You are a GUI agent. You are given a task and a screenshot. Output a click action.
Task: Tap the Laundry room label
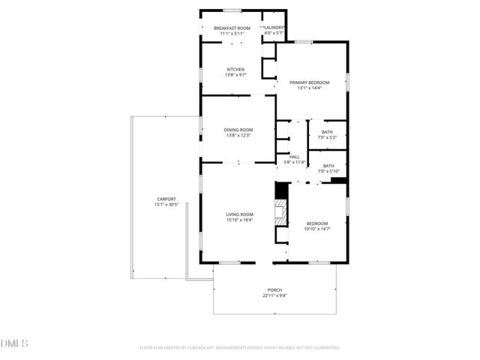[x=274, y=28]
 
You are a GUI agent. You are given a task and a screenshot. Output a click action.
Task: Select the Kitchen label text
[x=235, y=70]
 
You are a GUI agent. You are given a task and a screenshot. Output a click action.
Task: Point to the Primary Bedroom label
[x=309, y=82]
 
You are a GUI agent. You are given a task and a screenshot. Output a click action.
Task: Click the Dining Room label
[x=238, y=130]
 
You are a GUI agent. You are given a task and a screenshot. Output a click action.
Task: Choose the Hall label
[x=295, y=156]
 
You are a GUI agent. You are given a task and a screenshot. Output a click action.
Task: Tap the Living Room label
[x=240, y=214]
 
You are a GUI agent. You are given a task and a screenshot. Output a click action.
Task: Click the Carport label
[x=166, y=199]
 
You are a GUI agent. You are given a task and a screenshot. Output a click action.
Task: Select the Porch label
[x=275, y=290]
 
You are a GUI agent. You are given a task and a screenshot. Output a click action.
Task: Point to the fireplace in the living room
[x=280, y=212]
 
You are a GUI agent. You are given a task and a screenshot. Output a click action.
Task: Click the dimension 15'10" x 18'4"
[x=240, y=220]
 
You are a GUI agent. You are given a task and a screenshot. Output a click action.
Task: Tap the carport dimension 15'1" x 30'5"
[x=166, y=204]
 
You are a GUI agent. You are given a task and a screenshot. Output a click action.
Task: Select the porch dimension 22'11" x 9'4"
[x=275, y=295]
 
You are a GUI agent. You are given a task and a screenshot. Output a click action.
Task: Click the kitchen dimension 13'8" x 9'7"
[x=235, y=75]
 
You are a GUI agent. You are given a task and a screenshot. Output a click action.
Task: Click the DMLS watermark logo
[x=14, y=343]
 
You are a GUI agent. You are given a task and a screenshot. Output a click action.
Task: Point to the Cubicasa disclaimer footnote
[x=240, y=348]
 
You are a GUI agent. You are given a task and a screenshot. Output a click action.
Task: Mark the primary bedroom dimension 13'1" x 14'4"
[x=309, y=88]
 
